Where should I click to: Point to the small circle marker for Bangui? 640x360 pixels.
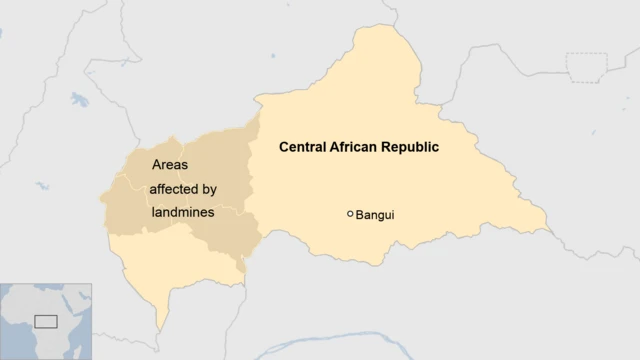[350, 213]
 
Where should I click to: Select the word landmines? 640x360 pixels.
[183, 212]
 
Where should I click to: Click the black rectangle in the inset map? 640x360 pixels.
[46, 321]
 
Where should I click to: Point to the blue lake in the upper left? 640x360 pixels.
[78, 100]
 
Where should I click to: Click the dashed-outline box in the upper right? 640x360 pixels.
[586, 65]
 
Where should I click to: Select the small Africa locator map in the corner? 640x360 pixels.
[46, 321]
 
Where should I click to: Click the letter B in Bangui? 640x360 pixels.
[361, 214]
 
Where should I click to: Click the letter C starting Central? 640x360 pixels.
[284, 147]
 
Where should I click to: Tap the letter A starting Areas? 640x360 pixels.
[156, 164]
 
